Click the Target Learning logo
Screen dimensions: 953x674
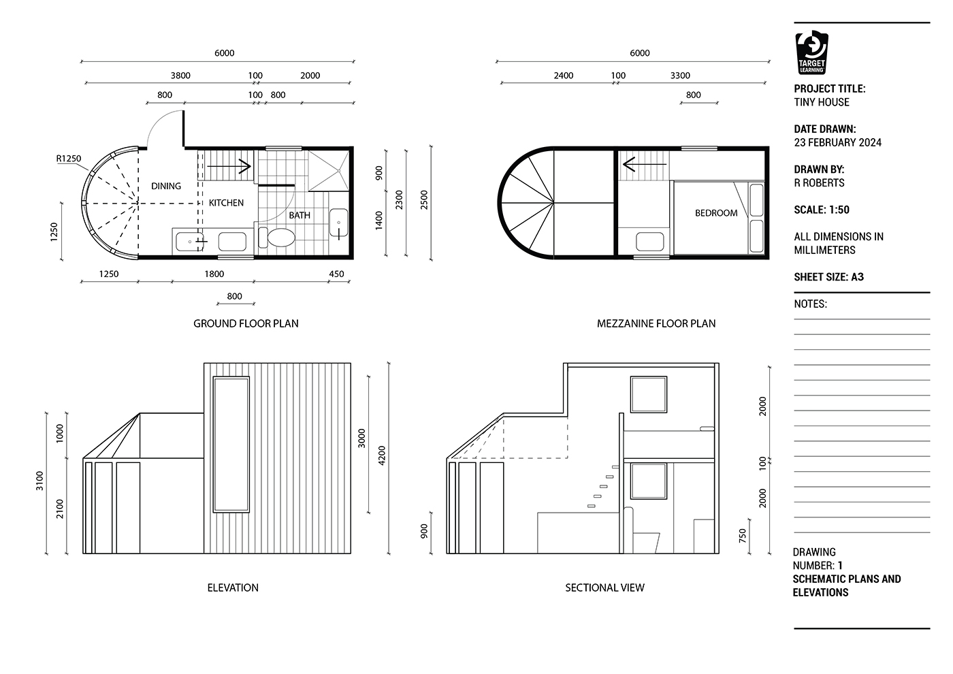pos(811,52)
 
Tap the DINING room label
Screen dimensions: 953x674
pos(166,186)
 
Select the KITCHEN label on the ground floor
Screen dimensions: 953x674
pos(226,203)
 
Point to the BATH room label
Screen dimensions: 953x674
pos(300,215)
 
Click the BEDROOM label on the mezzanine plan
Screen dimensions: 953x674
pos(716,212)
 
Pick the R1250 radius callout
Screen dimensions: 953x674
pos(69,159)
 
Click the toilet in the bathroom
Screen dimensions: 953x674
pos(276,238)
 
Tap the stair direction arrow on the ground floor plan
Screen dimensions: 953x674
pos(229,166)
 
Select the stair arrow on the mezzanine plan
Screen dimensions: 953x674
pos(644,164)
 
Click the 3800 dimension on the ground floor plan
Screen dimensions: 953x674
pos(180,76)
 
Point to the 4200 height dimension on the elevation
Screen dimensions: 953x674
pos(382,455)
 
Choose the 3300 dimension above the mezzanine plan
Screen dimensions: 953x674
pos(680,76)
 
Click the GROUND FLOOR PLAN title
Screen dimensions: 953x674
pos(246,323)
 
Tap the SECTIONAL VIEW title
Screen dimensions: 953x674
pos(604,588)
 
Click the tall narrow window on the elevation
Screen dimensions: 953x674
pos(231,444)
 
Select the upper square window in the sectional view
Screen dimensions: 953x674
pos(648,394)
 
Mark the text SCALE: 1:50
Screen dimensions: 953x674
pos(822,210)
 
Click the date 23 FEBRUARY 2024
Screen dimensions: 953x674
pos(838,142)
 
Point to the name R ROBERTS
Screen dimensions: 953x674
pos(819,183)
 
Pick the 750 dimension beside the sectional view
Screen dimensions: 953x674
pos(743,536)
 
